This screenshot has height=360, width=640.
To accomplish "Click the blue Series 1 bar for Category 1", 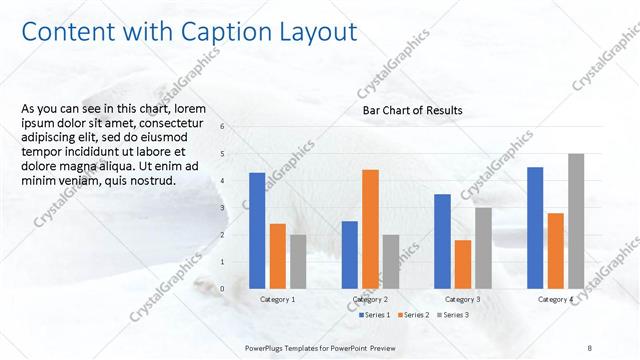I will tap(257, 231).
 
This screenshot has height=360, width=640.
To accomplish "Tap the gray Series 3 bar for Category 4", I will tap(576, 221).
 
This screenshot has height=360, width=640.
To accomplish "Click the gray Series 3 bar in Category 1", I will tap(298, 261).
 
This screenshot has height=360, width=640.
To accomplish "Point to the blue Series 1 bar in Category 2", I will tap(349, 254).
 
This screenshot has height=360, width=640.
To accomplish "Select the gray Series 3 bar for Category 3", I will tap(483, 248).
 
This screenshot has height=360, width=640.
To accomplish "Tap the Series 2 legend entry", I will tap(415, 315).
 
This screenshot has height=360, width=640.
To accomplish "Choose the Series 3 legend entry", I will tap(452, 315).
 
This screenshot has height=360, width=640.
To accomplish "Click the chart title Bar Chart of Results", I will tap(412, 110).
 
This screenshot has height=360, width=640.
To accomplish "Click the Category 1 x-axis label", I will tap(277, 299).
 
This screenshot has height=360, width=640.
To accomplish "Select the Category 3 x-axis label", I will tap(462, 299).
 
